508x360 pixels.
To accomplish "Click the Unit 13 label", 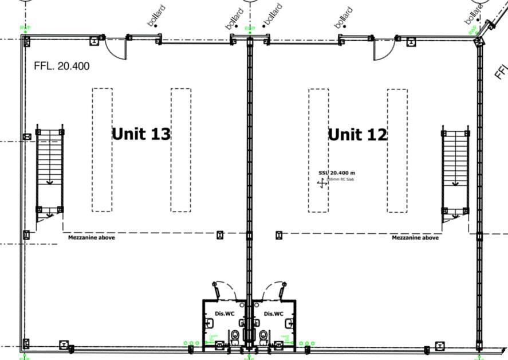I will pyautogui.click(x=141, y=134).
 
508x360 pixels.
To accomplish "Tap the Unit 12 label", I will pyautogui.click(x=357, y=135).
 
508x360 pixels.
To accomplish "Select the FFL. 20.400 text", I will pyautogui.click(x=62, y=66).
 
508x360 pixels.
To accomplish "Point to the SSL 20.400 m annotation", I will pyautogui.click(x=337, y=173).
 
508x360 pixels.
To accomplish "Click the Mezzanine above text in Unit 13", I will pyautogui.click(x=91, y=237).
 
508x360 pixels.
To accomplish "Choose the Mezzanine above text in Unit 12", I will pyautogui.click(x=415, y=237).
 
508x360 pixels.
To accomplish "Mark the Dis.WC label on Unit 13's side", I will pyautogui.click(x=225, y=314).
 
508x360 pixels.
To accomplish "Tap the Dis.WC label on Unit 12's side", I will pyautogui.click(x=274, y=314).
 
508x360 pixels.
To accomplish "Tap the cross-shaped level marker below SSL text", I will pyautogui.click(x=322, y=183).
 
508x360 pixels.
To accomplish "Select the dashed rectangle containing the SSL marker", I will pyautogui.click(x=318, y=150).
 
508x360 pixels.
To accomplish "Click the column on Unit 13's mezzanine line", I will pyautogui.click(x=220, y=234).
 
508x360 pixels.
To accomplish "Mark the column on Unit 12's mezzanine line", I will pyautogui.click(x=279, y=234).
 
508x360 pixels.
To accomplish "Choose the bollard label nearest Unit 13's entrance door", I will pyautogui.click(x=156, y=15).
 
